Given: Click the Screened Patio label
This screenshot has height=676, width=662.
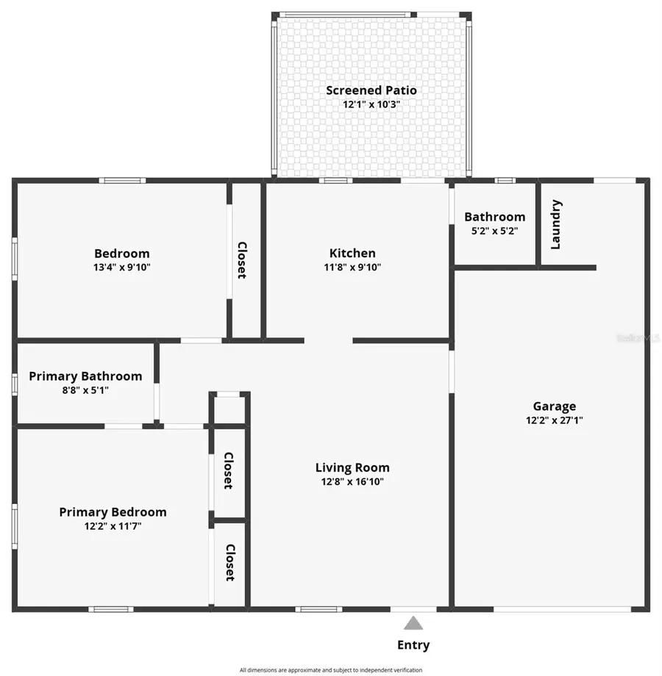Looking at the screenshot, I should [x=371, y=90].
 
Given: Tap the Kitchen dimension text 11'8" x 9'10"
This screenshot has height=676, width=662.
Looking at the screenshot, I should [x=352, y=267].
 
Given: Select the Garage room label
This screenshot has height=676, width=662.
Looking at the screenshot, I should [x=554, y=406].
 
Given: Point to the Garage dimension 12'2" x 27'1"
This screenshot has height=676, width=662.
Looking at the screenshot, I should [x=554, y=420].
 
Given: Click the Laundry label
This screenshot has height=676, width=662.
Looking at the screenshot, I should [x=556, y=224].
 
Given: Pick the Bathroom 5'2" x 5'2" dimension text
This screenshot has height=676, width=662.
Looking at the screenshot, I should [x=494, y=231].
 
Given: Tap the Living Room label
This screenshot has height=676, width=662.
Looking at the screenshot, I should [x=352, y=468].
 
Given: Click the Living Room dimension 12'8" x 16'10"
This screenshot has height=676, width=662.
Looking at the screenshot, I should [x=352, y=482].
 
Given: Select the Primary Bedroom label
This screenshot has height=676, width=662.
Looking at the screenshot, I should [x=113, y=512].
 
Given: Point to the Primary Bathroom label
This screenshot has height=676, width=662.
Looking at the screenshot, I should [x=85, y=376].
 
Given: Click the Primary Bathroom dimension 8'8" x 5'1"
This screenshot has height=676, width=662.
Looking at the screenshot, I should [x=85, y=390].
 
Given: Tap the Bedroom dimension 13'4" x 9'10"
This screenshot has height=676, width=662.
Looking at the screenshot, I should [x=121, y=267].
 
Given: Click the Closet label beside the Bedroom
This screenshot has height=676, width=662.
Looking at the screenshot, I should [x=241, y=260].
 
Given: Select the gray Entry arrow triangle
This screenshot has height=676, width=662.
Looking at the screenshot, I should [x=413, y=624].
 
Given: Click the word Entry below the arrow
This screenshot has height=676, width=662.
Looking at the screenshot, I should [x=413, y=645].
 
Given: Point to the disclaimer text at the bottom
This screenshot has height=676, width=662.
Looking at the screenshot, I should [x=331, y=670].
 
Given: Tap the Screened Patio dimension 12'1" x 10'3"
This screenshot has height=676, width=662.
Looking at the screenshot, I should [x=371, y=104].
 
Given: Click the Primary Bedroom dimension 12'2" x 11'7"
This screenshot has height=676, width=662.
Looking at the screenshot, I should [x=113, y=526].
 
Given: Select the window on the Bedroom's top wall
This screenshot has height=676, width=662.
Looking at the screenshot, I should [x=122, y=180].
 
